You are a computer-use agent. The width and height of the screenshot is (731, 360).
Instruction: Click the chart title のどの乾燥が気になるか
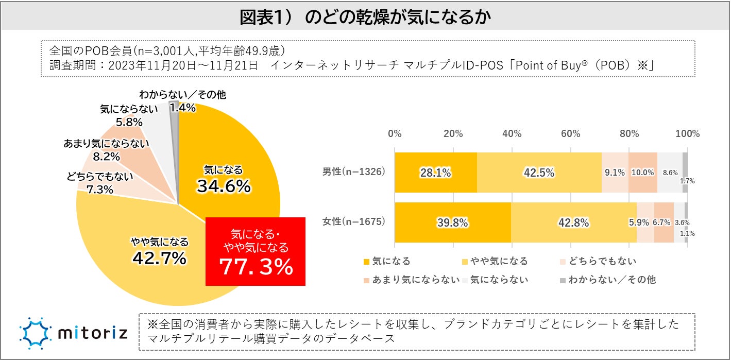365,17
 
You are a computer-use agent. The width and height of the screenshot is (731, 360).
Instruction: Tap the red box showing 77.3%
256,251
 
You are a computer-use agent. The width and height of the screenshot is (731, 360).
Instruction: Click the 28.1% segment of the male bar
436,173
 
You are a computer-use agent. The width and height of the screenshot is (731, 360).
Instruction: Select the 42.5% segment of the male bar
539,173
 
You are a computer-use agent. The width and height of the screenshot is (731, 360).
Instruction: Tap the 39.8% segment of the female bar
452,222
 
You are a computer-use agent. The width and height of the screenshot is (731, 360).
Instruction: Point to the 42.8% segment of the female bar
573,222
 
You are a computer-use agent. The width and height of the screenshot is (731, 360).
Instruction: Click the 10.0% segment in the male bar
642,173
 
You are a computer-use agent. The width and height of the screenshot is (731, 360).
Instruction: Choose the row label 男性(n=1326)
353,172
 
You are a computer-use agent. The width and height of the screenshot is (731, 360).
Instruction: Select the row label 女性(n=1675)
353,222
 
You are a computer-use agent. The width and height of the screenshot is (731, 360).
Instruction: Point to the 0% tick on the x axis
395,134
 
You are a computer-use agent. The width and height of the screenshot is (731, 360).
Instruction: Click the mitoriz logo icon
35,333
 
